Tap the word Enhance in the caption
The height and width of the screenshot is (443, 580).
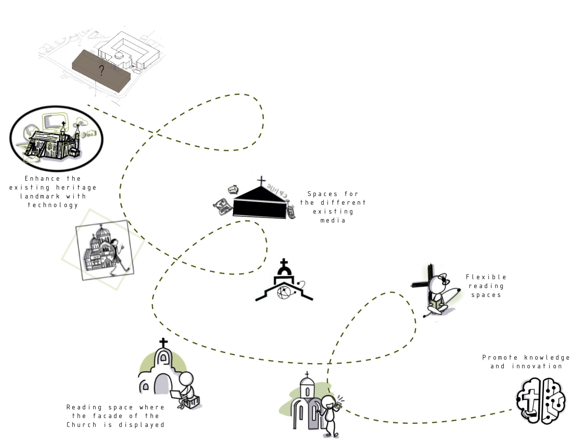tap(42, 178)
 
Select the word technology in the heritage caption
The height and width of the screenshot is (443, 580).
tap(53, 205)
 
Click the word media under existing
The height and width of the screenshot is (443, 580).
tap(333, 221)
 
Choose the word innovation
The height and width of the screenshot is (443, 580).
tap(537, 366)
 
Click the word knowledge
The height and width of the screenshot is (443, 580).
tap(547, 357)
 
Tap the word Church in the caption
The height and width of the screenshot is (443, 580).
tap(81, 425)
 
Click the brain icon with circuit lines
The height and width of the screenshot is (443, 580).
tap(540, 401)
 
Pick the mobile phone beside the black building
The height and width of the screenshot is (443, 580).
tap(291, 212)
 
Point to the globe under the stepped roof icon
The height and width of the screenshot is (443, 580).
tap(284, 292)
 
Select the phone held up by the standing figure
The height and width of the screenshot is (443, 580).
tap(339, 403)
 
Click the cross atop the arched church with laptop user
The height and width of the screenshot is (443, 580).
tap(163, 343)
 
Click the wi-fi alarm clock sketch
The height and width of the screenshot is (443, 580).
tap(233, 189)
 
